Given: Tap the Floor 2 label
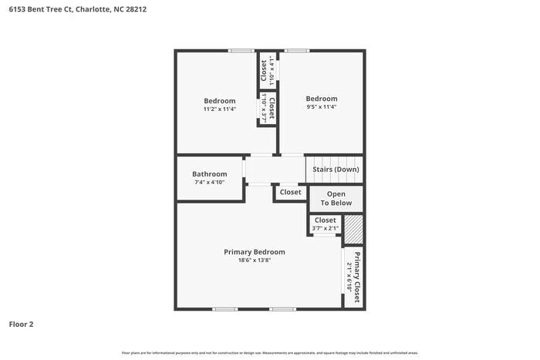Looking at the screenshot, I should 21,324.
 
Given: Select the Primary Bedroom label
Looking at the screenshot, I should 254,252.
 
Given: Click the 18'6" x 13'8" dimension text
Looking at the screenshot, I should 254,261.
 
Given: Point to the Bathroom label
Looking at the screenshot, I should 209,174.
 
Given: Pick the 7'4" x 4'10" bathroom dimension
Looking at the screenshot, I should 209,183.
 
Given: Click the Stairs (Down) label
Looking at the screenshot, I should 335,170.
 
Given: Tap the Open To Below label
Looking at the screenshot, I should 336,199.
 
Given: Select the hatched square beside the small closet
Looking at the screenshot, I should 353,228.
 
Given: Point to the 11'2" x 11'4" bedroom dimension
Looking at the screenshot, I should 219,109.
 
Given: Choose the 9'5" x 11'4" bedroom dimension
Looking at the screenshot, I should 321,107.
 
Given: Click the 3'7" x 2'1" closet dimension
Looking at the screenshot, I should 325,228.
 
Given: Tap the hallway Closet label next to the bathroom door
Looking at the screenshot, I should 291,193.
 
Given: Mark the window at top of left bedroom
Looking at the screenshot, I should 241,51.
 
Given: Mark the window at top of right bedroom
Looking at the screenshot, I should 296,51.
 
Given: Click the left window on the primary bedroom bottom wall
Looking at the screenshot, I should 224,309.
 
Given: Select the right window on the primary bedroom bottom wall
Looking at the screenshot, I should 282,309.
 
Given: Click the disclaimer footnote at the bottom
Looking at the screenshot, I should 269,352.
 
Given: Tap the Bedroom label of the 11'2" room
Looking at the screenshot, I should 219,101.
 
